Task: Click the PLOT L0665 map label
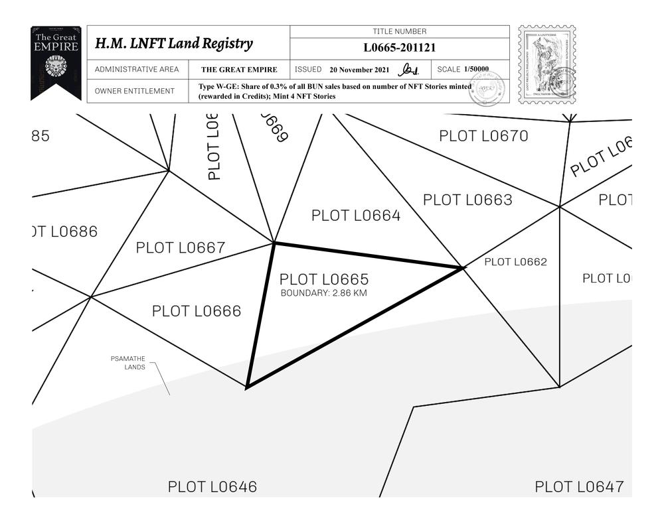[x=323, y=280]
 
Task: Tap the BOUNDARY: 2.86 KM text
[x=323, y=293]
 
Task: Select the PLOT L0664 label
[x=356, y=216]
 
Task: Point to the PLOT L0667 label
[x=181, y=248]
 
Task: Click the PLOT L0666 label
[x=197, y=311]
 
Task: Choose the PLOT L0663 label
[x=467, y=200]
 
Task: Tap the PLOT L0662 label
[x=515, y=262]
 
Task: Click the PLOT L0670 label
[x=484, y=136]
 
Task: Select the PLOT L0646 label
[x=212, y=487]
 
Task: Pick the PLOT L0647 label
[x=580, y=487]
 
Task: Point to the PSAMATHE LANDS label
[x=128, y=363]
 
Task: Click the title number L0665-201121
[x=400, y=48]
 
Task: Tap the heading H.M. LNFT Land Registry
[x=174, y=44]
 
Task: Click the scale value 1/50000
[x=476, y=69]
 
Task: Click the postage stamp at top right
[x=546, y=64]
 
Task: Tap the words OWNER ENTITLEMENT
[x=135, y=91]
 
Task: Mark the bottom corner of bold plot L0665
[x=247, y=387]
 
